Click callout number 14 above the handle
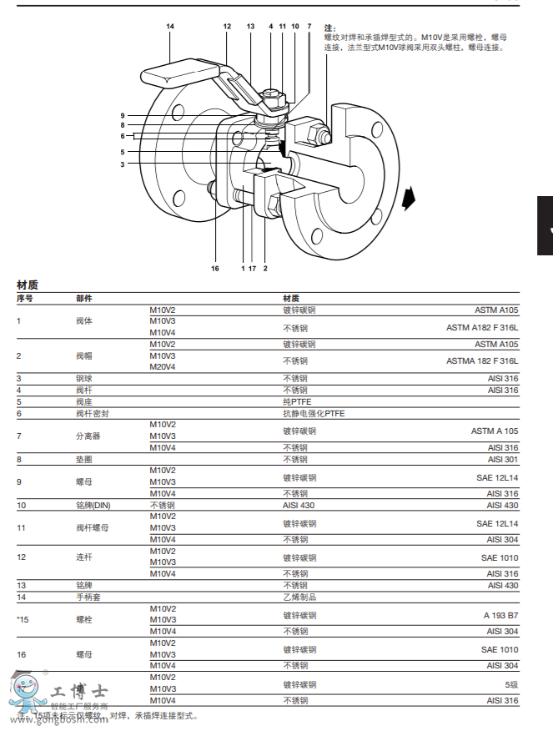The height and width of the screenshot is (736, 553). click(x=170, y=27)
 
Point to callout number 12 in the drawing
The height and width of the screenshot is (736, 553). click(x=227, y=27)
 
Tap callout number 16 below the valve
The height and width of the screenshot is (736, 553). click(x=214, y=269)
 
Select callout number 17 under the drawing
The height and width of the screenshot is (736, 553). click(x=252, y=269)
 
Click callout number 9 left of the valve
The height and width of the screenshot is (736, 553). click(x=122, y=115)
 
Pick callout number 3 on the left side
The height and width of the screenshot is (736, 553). click(x=122, y=164)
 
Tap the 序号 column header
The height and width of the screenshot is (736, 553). click(x=25, y=298)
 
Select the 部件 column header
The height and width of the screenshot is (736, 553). click(x=84, y=298)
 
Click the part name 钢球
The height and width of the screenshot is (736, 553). click(x=83, y=379)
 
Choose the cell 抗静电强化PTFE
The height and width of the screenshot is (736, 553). click(x=314, y=413)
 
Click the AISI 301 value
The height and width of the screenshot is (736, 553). click(x=503, y=459)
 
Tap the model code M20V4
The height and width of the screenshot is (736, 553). click(x=163, y=367)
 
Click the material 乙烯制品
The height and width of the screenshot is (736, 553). click(x=299, y=597)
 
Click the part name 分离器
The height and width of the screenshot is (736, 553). click(x=87, y=436)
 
